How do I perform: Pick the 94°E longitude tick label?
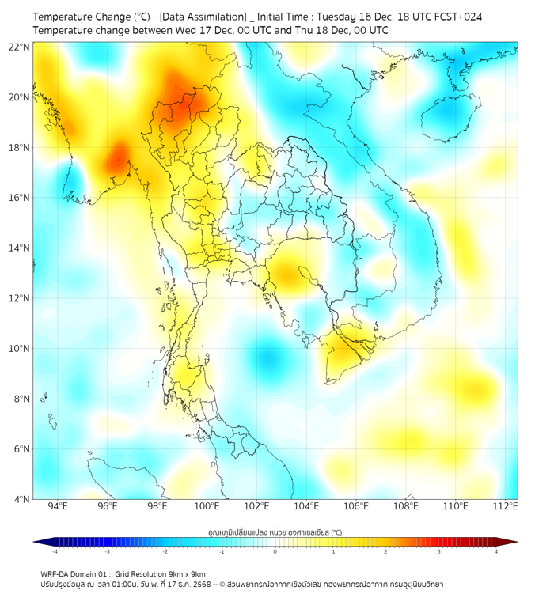tap(58, 506)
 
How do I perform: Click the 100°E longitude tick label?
tap(207, 506)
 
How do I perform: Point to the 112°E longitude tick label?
tap(505, 506)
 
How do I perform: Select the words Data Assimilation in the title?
tap(203, 16)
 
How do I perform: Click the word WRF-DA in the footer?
tap(56, 573)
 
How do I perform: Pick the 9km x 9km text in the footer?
tap(185, 573)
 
